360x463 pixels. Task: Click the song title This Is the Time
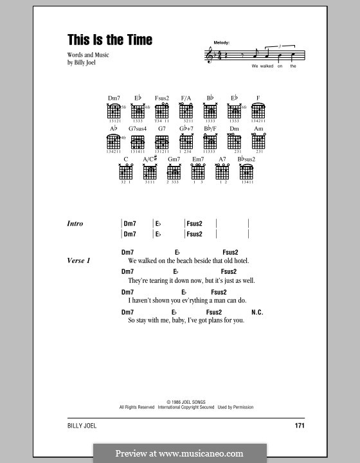pos(110,40)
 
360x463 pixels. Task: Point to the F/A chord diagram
pos(186,112)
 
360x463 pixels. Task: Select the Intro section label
pos(75,224)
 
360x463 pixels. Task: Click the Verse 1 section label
pos(79,261)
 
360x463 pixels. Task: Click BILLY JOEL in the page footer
pos(80,426)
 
